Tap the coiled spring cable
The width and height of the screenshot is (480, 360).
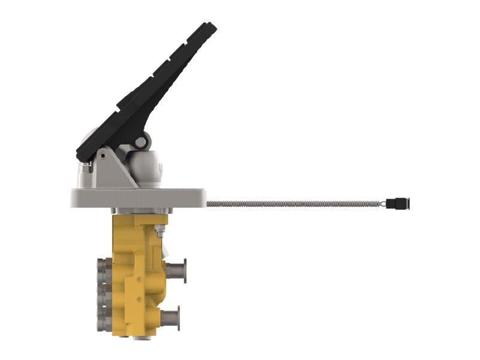(294, 203)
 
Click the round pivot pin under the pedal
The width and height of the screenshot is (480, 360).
(140, 142)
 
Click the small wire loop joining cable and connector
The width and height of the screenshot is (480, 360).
(382, 203)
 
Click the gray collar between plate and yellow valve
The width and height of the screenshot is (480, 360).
(142, 211)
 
